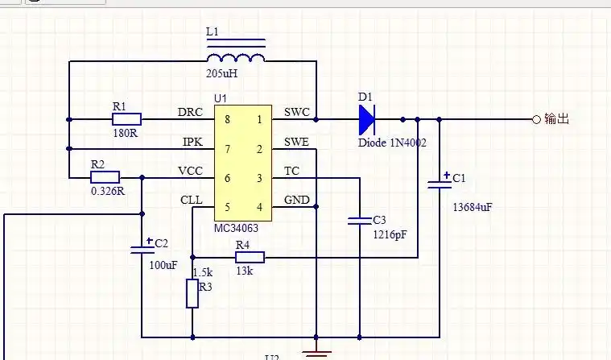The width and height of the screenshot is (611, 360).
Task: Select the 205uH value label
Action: [223, 74]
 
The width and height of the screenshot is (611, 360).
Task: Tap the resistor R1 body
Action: [127, 119]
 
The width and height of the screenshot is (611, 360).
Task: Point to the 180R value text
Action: [125, 133]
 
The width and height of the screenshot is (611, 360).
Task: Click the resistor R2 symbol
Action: [105, 177]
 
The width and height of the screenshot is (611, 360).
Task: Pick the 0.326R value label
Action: [109, 192]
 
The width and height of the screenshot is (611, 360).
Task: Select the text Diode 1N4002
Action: [392, 143]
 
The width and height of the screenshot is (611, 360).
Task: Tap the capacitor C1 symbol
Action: [439, 182]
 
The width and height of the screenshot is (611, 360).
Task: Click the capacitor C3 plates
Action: [358, 220]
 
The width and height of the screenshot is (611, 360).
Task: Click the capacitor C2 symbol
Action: [142, 246]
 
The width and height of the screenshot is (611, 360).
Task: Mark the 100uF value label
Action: [163, 265]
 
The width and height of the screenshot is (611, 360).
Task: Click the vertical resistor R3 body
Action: [192, 293]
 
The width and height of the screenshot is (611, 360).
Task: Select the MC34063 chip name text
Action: [237, 229]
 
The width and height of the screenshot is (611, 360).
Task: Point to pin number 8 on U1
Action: [227, 120]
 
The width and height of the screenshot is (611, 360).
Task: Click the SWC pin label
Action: [296, 112]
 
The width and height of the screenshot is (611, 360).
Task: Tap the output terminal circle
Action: [536, 119]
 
